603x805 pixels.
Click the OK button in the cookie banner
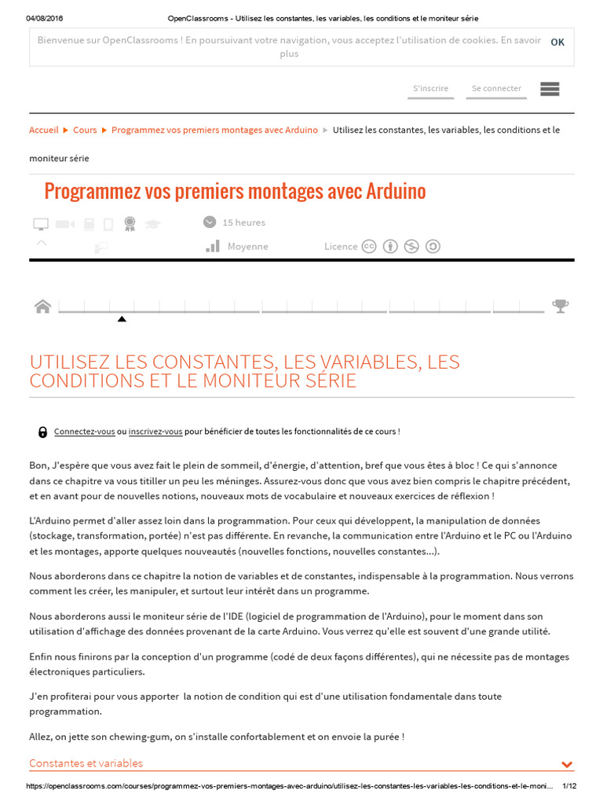[557, 42]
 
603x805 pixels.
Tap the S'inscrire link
[430, 89]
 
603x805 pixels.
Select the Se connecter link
[496, 89]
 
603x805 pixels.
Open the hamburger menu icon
[550, 89]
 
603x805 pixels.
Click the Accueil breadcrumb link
[44, 130]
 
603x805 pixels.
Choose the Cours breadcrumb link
[85, 130]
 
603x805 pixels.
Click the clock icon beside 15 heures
[210, 222]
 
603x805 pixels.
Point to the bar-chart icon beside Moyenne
[213, 246]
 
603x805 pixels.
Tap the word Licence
[341, 246]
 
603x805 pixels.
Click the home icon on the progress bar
[42, 307]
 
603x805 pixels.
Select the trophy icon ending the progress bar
[560, 306]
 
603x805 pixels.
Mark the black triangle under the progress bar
[122, 319]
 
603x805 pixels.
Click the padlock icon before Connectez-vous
[42, 432]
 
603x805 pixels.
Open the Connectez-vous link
[84, 432]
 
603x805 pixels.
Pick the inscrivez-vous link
[155, 432]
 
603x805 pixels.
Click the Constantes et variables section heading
[86, 763]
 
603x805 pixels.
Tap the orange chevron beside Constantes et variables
[567, 764]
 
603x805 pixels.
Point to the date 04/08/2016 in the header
[44, 18]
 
